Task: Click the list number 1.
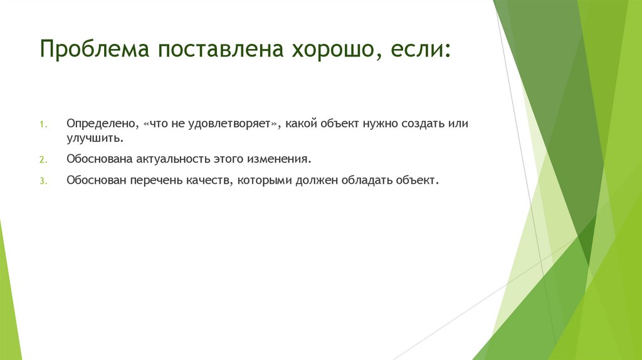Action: [x=44, y=124]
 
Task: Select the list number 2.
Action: [x=44, y=159]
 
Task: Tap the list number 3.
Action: [x=44, y=181]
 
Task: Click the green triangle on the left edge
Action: [x=9, y=295]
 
